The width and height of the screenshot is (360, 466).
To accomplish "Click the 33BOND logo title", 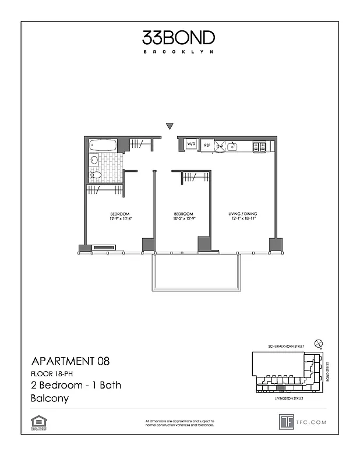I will coord(179,38).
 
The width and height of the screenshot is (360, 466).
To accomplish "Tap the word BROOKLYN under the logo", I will coord(179,52).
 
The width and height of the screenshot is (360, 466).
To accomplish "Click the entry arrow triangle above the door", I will coord(170,126).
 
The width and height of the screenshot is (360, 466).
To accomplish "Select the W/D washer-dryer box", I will coord(191,144).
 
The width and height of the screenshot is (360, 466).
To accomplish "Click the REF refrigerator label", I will coord(207,146).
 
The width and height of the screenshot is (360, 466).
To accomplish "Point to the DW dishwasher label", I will coord(220,146).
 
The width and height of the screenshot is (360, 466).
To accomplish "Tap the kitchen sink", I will coord(232,146).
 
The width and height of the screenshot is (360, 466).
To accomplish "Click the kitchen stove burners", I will coord(259,146).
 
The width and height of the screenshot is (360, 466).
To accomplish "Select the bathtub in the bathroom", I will coord(103,144).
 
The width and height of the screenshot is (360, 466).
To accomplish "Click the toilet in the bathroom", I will coord(95,175).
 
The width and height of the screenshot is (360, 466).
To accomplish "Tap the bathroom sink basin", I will coord(93,160).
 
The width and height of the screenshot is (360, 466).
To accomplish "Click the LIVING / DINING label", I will coord(242,214).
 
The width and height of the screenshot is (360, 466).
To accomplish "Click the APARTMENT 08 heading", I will coord(69,361).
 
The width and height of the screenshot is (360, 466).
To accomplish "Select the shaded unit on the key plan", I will coord(281,387).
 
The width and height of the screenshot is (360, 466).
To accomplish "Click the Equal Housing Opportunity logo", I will coord(38,422).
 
